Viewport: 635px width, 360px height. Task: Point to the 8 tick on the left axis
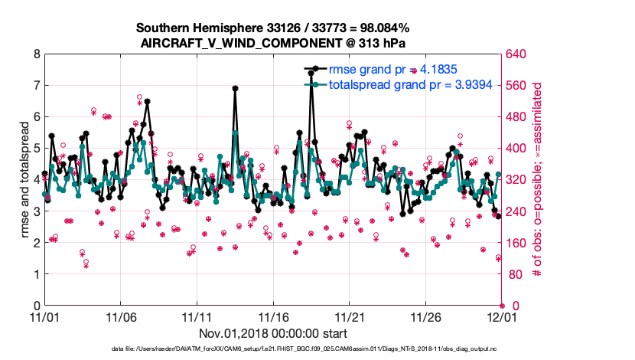pos(36,54)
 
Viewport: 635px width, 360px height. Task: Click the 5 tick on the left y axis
pos(36,149)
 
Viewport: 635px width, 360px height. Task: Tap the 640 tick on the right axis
pos(515,54)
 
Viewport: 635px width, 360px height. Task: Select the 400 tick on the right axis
pos(515,149)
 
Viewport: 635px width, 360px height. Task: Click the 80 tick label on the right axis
pos(513,274)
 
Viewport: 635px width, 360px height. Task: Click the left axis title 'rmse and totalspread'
pos(24,180)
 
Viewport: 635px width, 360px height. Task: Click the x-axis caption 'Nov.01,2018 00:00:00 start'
pos(273,333)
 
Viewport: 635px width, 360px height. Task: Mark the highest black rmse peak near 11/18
pos(311,73)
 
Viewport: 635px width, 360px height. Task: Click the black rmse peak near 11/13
pos(235,88)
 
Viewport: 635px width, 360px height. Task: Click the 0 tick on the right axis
pos(509,306)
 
